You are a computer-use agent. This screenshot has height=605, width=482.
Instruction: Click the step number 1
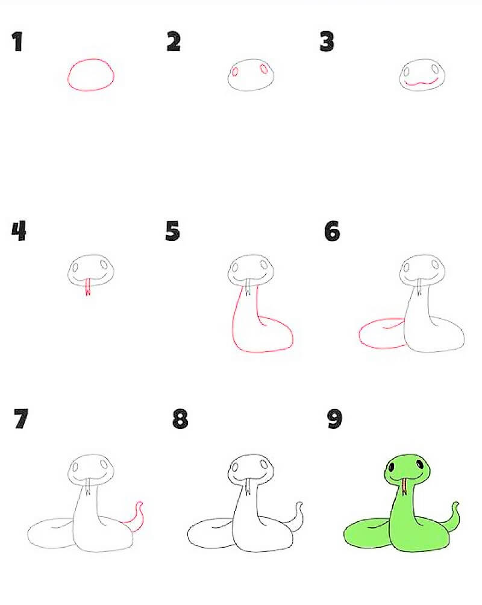17,42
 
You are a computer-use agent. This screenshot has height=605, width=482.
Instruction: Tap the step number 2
174,42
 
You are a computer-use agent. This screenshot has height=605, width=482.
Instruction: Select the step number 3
327,42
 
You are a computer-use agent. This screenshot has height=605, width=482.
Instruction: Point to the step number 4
19,231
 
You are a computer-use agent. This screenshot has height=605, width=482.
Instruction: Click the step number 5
172,231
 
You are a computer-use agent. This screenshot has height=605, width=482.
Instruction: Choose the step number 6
332,231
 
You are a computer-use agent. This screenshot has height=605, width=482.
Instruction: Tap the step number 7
21,419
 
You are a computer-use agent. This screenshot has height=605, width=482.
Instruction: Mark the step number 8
180,419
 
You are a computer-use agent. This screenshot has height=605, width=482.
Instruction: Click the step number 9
334,419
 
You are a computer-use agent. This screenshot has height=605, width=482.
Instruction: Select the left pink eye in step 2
234,72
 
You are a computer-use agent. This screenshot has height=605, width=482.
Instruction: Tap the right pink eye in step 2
264,69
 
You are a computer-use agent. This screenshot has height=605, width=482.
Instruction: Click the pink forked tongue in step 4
88,287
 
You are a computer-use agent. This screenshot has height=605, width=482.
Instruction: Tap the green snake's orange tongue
404,487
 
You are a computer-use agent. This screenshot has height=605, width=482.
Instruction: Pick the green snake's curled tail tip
455,505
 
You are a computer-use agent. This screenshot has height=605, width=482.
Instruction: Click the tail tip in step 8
299,505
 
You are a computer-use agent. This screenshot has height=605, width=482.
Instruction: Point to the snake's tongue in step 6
419,287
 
